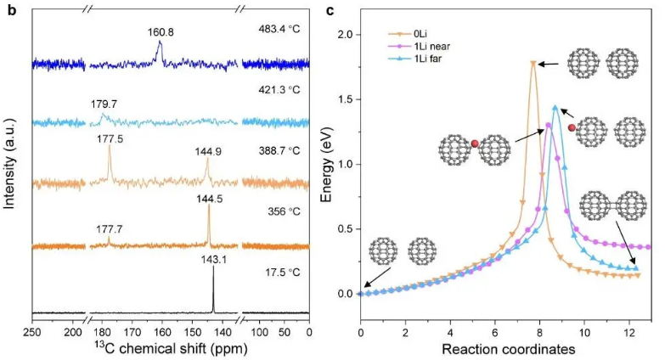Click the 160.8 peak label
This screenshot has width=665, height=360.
point(159,36)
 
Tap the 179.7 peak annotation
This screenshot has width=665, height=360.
point(104,105)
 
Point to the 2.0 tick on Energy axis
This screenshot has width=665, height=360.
point(347,35)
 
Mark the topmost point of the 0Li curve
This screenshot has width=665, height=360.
point(533,63)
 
